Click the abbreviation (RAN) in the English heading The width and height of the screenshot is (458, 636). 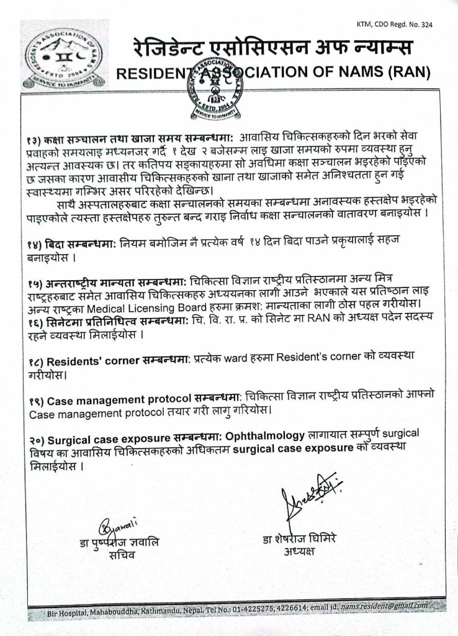point(406,73)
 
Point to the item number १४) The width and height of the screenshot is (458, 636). point(36,245)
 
